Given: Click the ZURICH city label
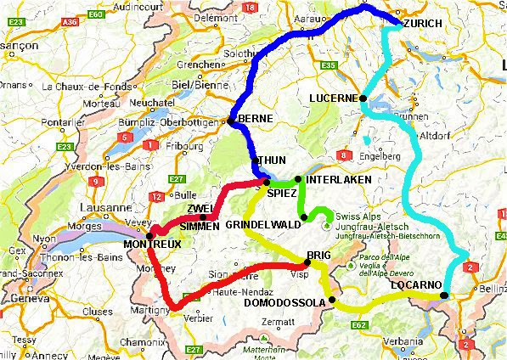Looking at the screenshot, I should tap(422, 24).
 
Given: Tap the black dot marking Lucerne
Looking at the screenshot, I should tap(363, 98).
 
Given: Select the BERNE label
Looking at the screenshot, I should tap(255, 119).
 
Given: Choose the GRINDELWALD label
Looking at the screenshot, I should tap(262, 224).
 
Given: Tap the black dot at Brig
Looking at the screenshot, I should tap(307, 262).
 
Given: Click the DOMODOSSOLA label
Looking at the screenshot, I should tap(284, 303).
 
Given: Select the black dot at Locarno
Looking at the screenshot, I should tap(444, 295).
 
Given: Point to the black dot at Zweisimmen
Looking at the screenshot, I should tap(203, 216).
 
